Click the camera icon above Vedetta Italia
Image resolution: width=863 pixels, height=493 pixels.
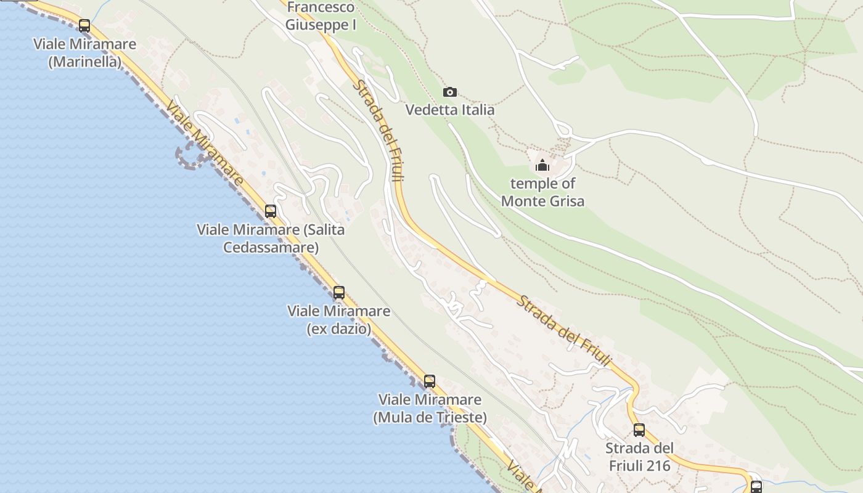pos(450,92)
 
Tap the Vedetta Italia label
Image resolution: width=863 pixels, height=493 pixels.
pos(450,110)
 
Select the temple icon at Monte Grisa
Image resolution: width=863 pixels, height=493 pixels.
pos(542,165)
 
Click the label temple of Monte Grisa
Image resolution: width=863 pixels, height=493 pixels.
pos(542,192)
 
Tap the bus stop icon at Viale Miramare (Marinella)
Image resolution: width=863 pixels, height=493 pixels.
pos(84,26)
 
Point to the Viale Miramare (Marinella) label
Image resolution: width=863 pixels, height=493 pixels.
pos(85,53)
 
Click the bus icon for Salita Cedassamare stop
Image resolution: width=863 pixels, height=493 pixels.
pos(271,211)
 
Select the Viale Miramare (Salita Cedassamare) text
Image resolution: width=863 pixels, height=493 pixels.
pos(271,238)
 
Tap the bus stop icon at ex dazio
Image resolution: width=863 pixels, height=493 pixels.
pos(339,293)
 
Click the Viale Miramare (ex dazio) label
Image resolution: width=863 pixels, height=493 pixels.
pos(339,320)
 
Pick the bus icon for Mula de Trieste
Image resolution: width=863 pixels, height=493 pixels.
pos(430,381)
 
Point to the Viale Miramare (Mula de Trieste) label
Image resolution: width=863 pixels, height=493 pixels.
pos(430,409)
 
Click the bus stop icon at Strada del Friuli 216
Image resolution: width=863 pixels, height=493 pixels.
pos(639,430)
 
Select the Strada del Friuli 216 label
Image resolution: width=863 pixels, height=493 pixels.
pos(639,457)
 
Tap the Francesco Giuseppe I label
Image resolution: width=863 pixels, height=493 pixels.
pos(321,17)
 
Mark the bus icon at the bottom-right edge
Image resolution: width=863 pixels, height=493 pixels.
pos(756,486)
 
